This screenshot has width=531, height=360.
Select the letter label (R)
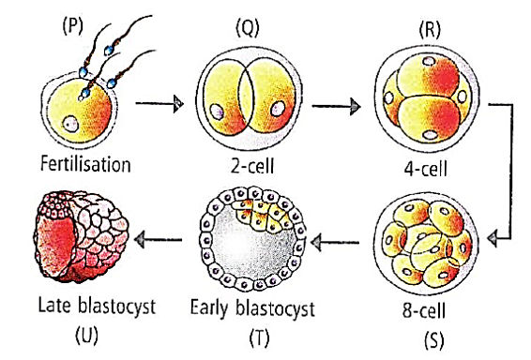click(430, 29)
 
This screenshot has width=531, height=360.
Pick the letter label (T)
click(260, 337)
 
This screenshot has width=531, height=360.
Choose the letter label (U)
click(86, 335)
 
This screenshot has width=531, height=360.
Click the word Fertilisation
click(85, 164)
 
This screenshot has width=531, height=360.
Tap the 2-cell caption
click(252, 166)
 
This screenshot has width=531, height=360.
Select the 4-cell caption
click(425, 168)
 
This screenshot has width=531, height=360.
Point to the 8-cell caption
click(424, 310)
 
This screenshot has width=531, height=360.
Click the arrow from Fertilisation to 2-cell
click(159, 103)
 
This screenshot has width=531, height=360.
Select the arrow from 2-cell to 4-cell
click(336, 106)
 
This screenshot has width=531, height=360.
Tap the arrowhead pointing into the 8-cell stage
click(493, 239)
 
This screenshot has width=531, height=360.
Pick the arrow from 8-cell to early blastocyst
click(335, 242)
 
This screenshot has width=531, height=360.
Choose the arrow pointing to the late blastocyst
click(159, 240)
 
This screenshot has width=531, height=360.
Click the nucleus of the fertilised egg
click(70, 124)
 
